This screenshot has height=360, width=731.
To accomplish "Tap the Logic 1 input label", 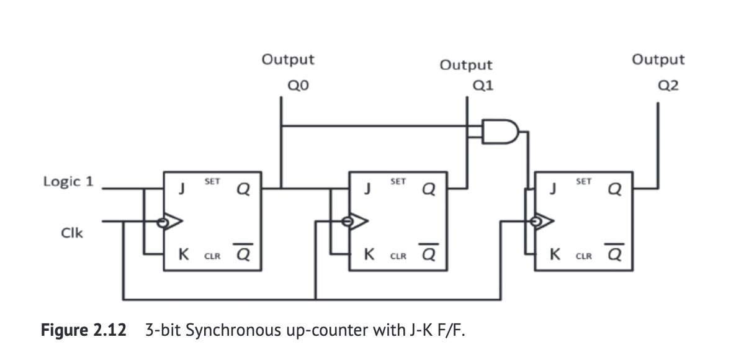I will coord(68,181).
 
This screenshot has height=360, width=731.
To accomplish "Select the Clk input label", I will coord(72,233).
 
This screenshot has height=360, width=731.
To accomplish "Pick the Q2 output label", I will coord(668,86).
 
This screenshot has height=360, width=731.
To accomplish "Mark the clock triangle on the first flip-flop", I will coord(174,222).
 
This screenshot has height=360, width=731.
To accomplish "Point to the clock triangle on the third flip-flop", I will coord(547,220).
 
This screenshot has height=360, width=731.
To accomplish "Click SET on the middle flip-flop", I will coord(398,181).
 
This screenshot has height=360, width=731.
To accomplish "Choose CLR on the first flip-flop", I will coord(212,255).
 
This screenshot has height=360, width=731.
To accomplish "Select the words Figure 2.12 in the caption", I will coord(83,330).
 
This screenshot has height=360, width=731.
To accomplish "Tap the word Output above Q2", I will coord(658,60).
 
